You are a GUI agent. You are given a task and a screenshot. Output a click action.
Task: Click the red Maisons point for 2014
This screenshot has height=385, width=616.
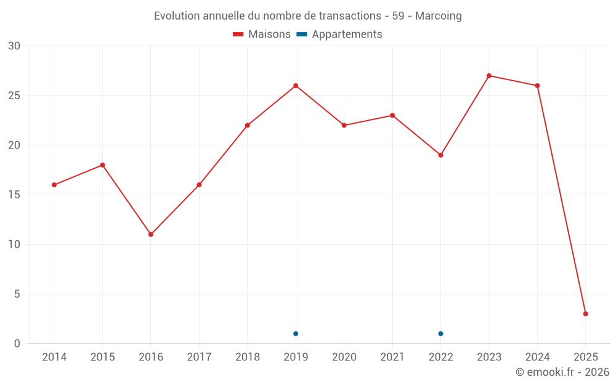(54, 185)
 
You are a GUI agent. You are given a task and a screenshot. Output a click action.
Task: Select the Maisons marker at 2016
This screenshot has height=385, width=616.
(151, 235)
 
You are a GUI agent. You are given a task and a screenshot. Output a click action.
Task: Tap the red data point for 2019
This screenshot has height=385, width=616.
(296, 86)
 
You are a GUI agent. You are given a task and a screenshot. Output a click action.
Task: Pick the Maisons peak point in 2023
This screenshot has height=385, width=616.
(489, 76)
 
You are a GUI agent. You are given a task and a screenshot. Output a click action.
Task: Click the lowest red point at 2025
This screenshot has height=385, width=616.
(586, 314)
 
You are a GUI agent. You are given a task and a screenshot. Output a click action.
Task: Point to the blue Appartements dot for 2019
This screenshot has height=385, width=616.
(296, 334)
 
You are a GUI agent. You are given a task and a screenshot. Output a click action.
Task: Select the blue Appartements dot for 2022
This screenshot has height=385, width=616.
(440, 334)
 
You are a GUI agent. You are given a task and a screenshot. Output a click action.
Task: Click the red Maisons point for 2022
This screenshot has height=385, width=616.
(440, 155)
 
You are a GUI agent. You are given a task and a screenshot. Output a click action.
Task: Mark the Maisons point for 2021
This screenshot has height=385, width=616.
(392, 116)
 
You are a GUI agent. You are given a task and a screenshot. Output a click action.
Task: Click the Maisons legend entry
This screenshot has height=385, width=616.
(262, 34)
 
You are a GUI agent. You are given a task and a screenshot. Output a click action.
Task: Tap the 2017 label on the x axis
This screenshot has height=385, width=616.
(199, 357)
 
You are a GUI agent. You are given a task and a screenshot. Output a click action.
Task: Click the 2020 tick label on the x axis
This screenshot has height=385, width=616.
(344, 357)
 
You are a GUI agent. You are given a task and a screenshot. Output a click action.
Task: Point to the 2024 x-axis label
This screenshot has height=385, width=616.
(537, 357)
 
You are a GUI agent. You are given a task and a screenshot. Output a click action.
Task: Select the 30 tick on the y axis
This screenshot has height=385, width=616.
(14, 46)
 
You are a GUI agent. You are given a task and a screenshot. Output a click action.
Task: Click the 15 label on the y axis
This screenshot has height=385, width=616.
(14, 195)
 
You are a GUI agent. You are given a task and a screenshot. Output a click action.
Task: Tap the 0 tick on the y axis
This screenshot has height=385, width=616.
(17, 344)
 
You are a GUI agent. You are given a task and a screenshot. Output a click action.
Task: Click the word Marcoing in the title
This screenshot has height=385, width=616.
(438, 16)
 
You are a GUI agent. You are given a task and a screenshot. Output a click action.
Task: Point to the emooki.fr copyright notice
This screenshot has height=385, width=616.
(562, 372)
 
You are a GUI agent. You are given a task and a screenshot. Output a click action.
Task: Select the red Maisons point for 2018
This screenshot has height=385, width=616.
(248, 126)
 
